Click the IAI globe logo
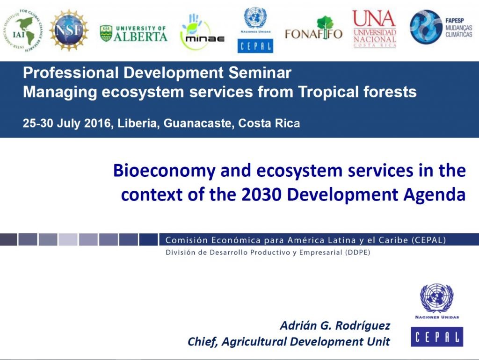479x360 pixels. click(x=23, y=30)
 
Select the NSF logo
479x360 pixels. click(x=69, y=30)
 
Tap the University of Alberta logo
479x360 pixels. click(x=134, y=34)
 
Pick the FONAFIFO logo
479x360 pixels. click(x=314, y=29)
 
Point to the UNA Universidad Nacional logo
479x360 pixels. click(x=375, y=29)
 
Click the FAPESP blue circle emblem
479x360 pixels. click(x=426, y=27)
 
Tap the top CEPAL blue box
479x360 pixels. click(x=255, y=46)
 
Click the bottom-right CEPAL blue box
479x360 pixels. click(x=437, y=337)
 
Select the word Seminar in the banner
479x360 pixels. click(x=260, y=72)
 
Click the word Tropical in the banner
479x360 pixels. click(x=328, y=92)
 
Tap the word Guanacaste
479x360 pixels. click(x=198, y=123)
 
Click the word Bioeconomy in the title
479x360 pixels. click(x=164, y=171)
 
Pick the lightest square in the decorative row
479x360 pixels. click(x=68, y=239)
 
